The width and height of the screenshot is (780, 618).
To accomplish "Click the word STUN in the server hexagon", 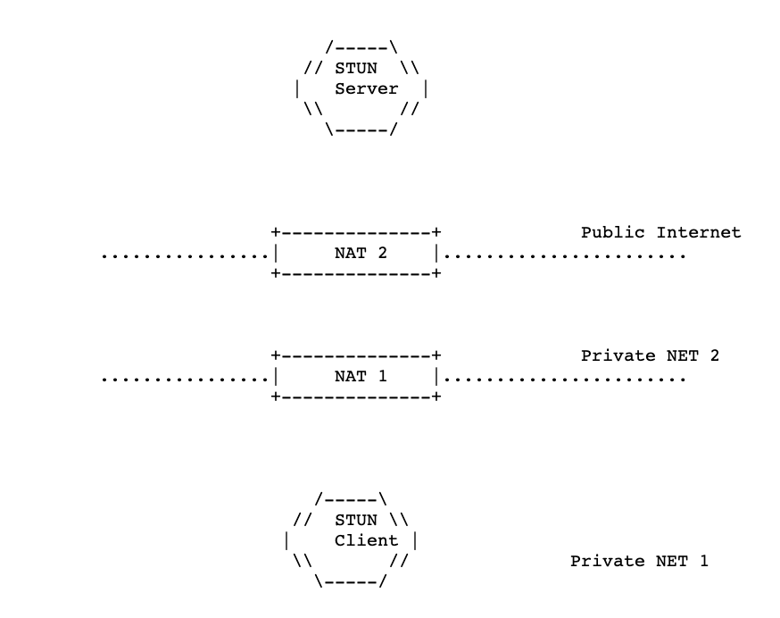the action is [x=356, y=68].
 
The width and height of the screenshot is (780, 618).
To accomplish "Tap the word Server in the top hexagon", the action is [x=367, y=88].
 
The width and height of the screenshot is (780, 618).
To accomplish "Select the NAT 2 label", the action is [x=361, y=253].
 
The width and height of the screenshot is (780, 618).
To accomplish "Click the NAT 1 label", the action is [x=361, y=376].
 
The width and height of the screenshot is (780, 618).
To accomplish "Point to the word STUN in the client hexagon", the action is [x=356, y=520].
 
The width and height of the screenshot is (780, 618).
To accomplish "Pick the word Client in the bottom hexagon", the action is [x=367, y=540].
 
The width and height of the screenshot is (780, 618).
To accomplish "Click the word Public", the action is [x=613, y=232].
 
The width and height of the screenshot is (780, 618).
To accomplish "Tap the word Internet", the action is [x=699, y=232].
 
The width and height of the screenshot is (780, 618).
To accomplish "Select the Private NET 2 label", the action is [x=651, y=355].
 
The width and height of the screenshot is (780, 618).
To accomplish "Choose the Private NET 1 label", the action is [x=639, y=561].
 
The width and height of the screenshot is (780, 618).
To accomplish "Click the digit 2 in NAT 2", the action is [x=382, y=253].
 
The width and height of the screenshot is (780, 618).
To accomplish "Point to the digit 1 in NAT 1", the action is [x=382, y=376].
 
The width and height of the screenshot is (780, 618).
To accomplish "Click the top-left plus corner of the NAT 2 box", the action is [x=276, y=232].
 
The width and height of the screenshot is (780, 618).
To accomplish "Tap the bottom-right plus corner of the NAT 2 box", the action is [x=436, y=273].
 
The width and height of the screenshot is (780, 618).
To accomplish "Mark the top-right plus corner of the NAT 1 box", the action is [x=436, y=355].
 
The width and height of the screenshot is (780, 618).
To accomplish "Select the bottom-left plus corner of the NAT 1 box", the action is [x=276, y=397].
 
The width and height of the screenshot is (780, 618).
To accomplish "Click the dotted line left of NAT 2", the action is [x=185, y=257].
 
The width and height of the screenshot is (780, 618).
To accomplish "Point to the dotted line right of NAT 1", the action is [x=565, y=380].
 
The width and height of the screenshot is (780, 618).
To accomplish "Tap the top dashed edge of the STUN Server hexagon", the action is [x=361, y=49].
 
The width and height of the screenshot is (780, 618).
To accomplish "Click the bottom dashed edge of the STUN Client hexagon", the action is [x=351, y=582].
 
